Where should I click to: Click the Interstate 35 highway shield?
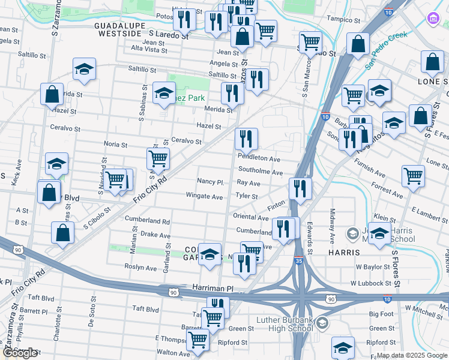click(x=299, y=261)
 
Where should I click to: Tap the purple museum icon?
click(x=434, y=19)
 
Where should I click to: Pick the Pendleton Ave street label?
click(x=259, y=159)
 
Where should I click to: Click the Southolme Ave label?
click(x=261, y=172)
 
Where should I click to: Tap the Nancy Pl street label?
click(x=211, y=182)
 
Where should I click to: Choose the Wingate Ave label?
click(x=204, y=196)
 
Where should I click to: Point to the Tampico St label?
click(x=343, y=19)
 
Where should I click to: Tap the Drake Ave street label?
click(x=155, y=235)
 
